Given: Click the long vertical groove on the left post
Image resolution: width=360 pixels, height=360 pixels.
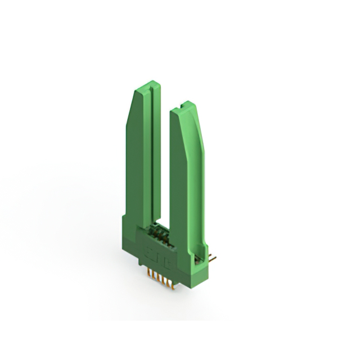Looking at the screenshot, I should tap(151, 157).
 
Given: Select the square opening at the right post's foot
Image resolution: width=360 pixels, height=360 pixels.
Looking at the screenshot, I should tap(197, 259).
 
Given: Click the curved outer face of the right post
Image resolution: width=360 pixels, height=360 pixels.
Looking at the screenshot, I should tap(200, 169).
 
